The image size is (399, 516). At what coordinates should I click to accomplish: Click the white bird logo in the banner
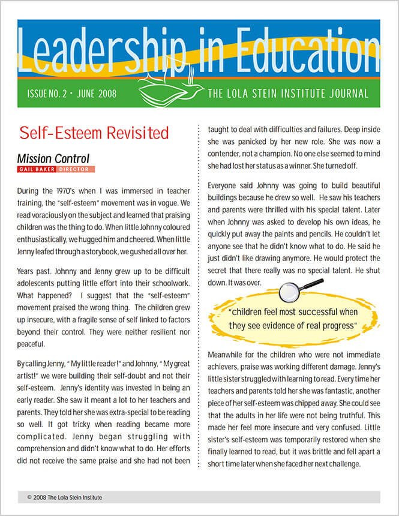point(170,89)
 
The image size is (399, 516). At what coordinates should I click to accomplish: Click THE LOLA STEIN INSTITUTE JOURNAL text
point(288,94)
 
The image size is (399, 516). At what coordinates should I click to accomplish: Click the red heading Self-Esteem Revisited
point(94,133)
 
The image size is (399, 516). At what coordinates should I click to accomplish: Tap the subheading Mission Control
point(53,159)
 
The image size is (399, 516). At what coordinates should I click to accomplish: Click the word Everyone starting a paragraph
point(226,185)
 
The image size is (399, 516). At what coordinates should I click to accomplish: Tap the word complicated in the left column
point(46,436)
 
